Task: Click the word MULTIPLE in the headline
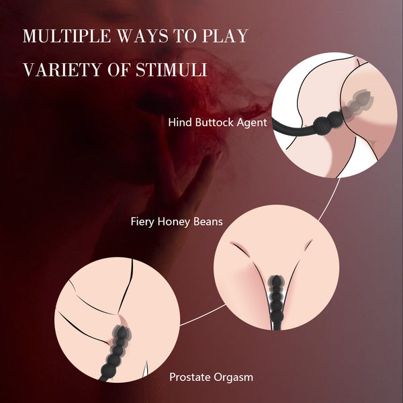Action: [x=66, y=36]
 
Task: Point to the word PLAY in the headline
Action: [x=225, y=36]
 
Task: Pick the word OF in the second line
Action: [x=120, y=69]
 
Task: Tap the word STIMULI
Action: [x=171, y=69]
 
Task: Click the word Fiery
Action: [x=142, y=222]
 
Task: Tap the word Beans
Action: [x=208, y=221]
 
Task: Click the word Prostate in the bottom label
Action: [x=190, y=377]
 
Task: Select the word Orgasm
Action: [x=233, y=377]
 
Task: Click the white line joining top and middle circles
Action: [x=330, y=199]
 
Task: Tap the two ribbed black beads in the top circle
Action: [x=330, y=123]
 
